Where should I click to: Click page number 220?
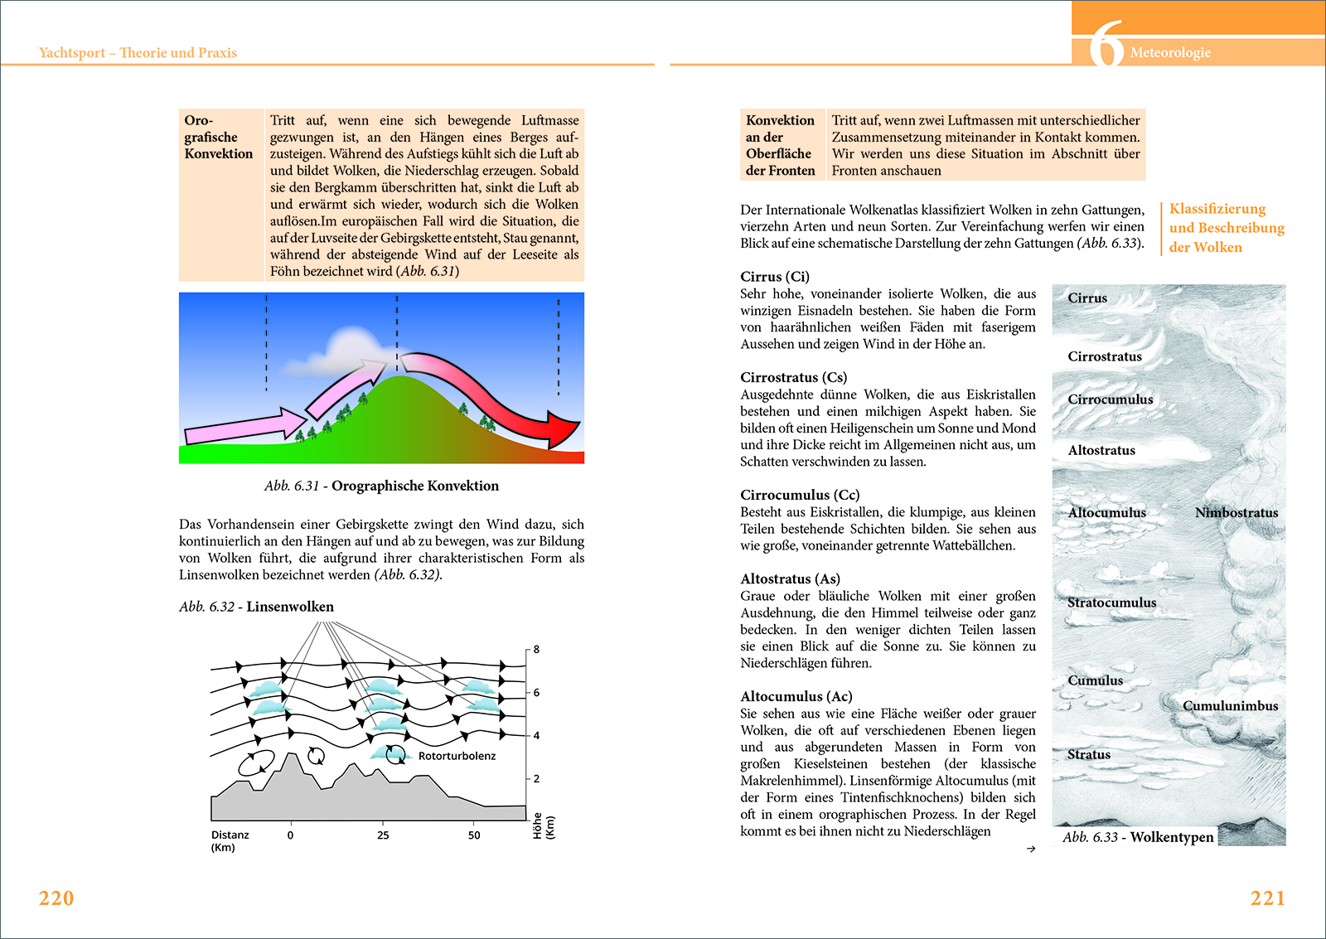pos(56,898)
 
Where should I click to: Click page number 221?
pos(1267,898)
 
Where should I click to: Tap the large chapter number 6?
pos(1106,45)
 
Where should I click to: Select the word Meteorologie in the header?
pos(1170,53)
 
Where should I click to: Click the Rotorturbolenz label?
pos(457,756)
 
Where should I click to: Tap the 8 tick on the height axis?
pos(536,650)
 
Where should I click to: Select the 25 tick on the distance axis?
pos(383,835)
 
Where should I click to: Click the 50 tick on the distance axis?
pos(474,835)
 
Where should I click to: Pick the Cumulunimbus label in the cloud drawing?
pos(1230,706)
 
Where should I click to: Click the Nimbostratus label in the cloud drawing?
pos(1236,513)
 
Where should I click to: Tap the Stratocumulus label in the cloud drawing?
pos(1111,603)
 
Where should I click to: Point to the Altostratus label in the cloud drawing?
pos(1101,451)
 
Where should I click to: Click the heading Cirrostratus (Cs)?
pos(793,378)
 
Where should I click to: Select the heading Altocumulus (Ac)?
pos(796,697)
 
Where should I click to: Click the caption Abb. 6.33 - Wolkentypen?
pos(1138,837)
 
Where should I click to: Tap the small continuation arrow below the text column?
pos(1030,849)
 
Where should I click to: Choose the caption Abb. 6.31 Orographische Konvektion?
pos(381,486)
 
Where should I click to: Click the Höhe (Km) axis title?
pos(544,826)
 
